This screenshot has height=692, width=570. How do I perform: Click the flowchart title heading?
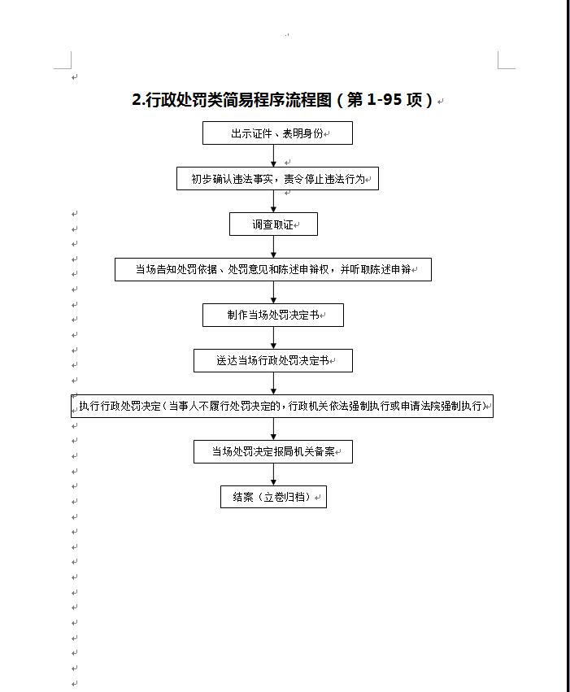[282, 100]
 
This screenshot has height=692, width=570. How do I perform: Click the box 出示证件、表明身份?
[277, 133]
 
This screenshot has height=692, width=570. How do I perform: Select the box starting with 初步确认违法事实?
[277, 178]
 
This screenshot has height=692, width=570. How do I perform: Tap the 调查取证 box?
[273, 224]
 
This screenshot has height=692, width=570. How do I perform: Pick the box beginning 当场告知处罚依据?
[273, 269]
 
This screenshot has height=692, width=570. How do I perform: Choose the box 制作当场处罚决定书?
[273, 315]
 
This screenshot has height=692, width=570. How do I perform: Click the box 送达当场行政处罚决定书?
[273, 360]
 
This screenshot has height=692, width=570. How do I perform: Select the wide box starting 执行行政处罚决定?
[282, 406]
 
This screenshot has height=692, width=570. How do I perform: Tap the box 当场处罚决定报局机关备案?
[273, 451]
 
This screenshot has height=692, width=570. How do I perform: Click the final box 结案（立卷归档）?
[273, 497]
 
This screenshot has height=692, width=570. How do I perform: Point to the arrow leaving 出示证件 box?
[273, 156]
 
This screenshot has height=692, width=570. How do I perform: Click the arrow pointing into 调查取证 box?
[273, 201]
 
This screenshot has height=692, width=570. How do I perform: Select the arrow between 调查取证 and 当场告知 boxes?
[273, 246]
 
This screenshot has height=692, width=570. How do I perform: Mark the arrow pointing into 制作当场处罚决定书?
[273, 292]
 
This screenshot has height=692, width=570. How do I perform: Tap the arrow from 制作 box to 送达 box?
[273, 337]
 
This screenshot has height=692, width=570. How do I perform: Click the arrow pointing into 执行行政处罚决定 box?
[273, 384]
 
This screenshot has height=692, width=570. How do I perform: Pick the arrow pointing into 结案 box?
[273, 474]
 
